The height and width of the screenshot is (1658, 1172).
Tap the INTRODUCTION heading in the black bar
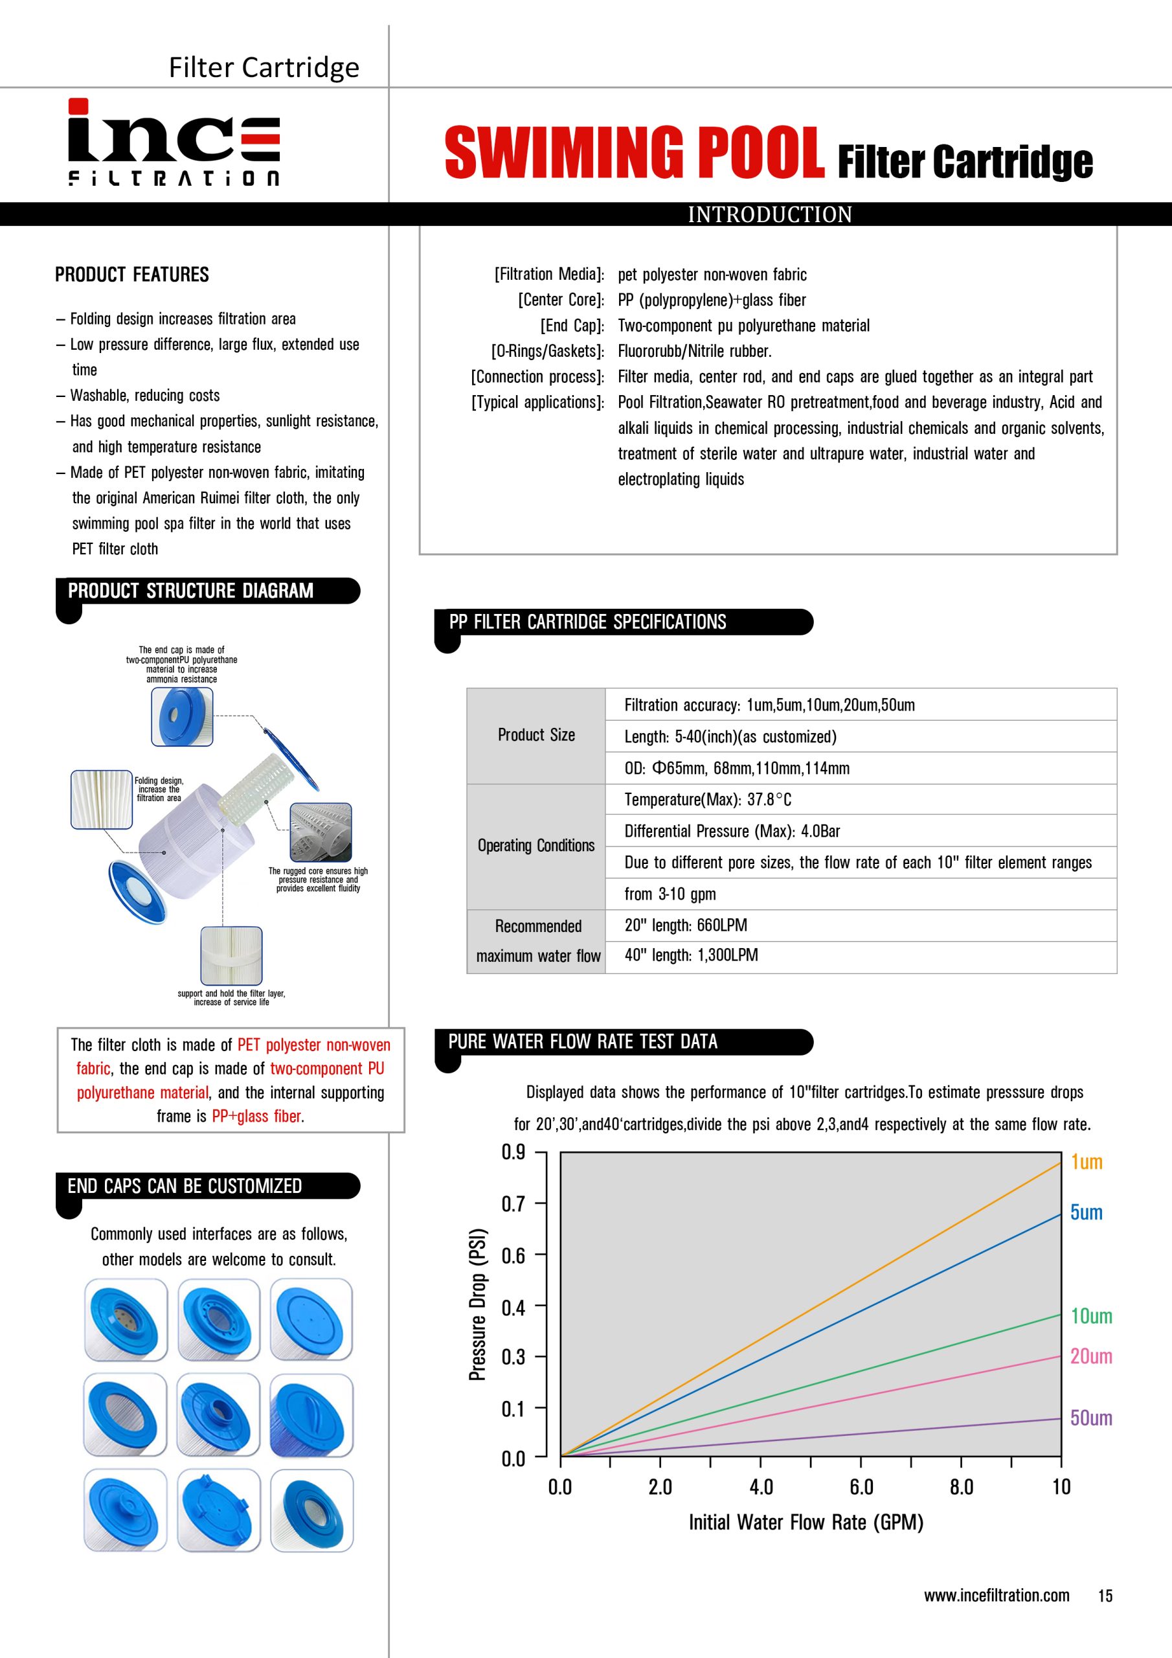click(x=769, y=214)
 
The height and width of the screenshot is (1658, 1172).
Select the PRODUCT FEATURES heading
click(x=131, y=275)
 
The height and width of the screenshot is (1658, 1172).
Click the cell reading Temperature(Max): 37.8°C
click(x=708, y=799)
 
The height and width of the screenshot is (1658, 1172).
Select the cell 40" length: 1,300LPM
click(x=691, y=955)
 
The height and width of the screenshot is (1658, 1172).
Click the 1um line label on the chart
click(x=1086, y=1162)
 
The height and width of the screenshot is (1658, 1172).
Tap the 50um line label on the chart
click(x=1090, y=1418)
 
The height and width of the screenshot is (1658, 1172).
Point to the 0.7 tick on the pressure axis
click(x=513, y=1204)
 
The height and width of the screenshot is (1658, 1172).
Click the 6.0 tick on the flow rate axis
click(x=861, y=1487)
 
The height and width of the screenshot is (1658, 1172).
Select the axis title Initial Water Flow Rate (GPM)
click(x=806, y=1522)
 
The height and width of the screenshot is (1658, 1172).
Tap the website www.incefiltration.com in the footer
click(x=997, y=1595)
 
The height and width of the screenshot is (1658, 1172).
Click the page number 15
click(x=1105, y=1596)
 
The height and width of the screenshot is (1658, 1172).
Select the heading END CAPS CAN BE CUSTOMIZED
click(x=185, y=1186)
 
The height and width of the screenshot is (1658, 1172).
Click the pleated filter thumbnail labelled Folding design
click(x=102, y=799)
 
